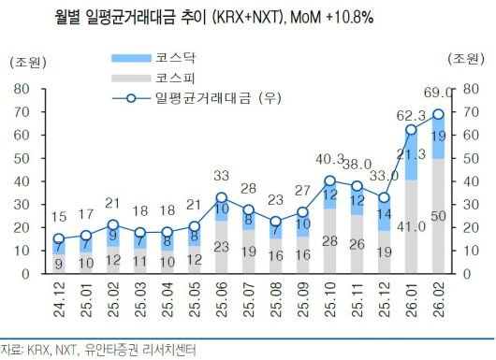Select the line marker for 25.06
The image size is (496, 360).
click(x=221, y=197)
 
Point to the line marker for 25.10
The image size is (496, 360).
click(x=329, y=180)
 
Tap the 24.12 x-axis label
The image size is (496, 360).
click(x=58, y=305)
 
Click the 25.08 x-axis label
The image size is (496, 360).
click(x=275, y=305)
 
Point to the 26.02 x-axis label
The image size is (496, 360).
click(x=439, y=305)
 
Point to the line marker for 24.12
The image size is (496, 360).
click(x=58, y=239)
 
